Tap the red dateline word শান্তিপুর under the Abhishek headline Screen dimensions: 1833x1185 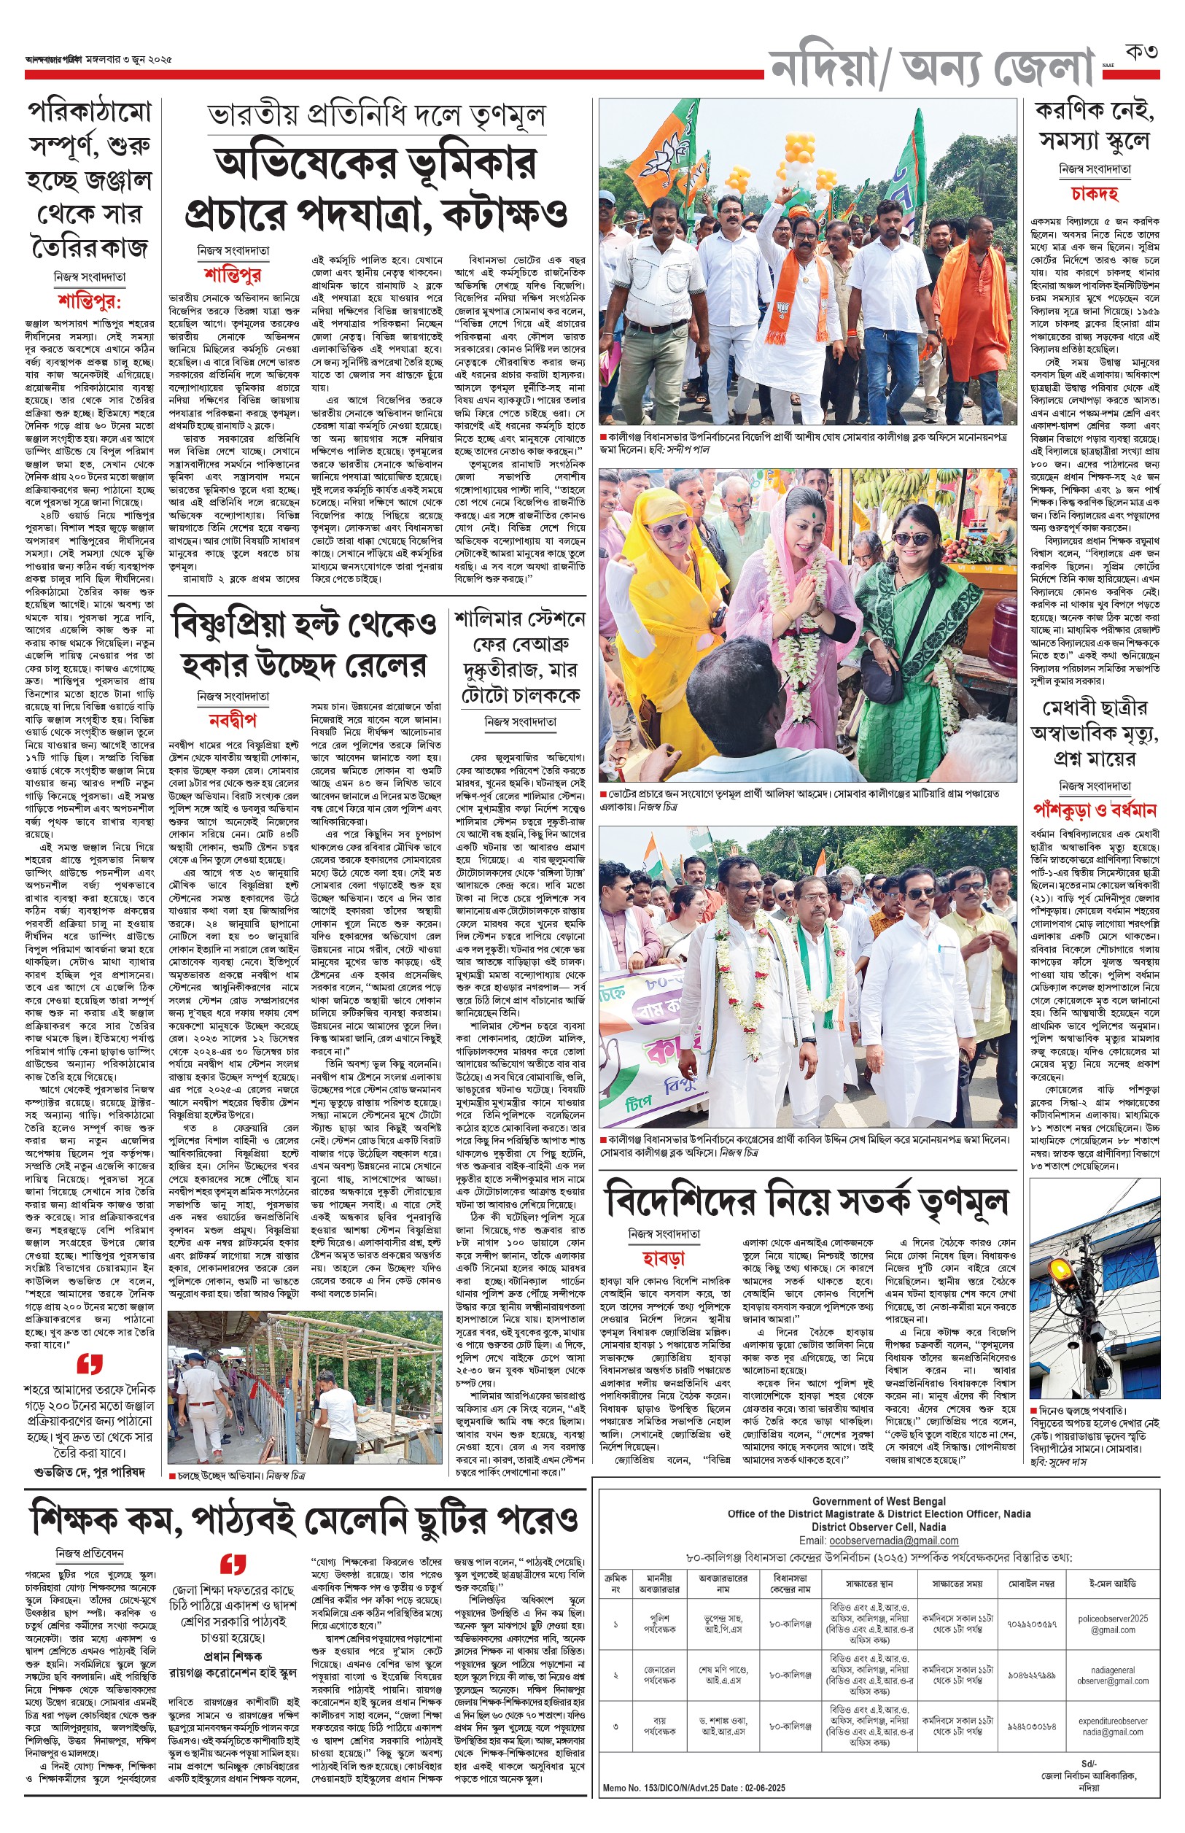tap(233, 275)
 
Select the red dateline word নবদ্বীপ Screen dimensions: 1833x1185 tap(233, 720)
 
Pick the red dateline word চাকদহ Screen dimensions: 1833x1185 tap(1094, 193)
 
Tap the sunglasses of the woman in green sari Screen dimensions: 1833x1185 tap(911, 540)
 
